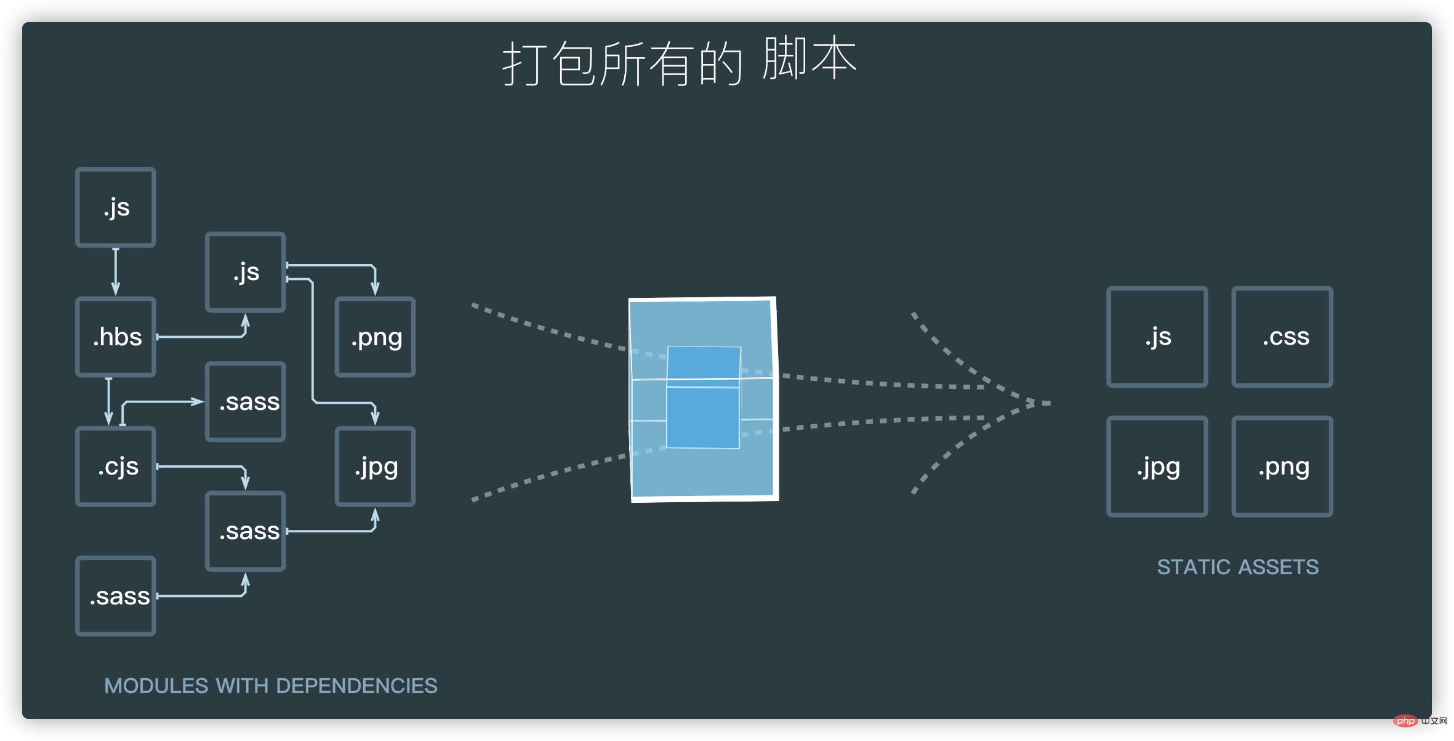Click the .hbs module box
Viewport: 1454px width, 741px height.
(x=116, y=337)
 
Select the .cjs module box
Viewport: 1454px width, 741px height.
(x=116, y=467)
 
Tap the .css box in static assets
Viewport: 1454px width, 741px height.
(x=1282, y=337)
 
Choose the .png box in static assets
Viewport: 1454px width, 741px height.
(x=1282, y=467)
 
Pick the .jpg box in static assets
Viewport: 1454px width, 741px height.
(x=1157, y=467)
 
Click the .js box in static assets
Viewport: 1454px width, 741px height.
(x=1157, y=337)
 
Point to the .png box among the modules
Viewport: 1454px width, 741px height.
(x=376, y=337)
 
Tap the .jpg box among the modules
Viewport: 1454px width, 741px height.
(x=376, y=467)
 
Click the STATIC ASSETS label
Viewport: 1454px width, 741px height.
(x=1238, y=567)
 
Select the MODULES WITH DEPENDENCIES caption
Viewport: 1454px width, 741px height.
(x=271, y=686)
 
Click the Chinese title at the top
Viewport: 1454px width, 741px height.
(x=680, y=62)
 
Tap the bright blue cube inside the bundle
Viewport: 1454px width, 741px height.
(x=704, y=397)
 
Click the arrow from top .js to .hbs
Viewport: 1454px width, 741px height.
(x=116, y=272)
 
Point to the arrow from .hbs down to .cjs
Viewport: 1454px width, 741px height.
(x=109, y=401)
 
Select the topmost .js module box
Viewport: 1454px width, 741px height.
(x=116, y=207)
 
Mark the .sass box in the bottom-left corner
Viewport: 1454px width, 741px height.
(x=116, y=596)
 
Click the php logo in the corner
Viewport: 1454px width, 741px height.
(x=1406, y=721)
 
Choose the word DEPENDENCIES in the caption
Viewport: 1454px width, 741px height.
(x=357, y=686)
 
